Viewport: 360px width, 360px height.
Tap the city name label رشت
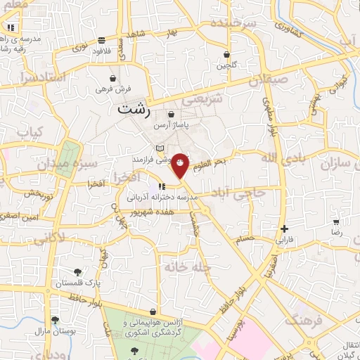(x=134, y=110)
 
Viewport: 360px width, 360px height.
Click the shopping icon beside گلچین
(x=226, y=54)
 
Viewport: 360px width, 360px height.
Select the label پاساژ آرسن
(x=172, y=124)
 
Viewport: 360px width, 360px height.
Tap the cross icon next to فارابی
(x=284, y=229)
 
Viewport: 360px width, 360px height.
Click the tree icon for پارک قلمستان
(x=77, y=271)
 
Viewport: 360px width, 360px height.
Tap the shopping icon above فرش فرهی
(x=113, y=78)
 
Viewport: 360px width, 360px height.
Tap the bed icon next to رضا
(x=336, y=221)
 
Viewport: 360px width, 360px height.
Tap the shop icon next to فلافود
(x=103, y=40)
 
